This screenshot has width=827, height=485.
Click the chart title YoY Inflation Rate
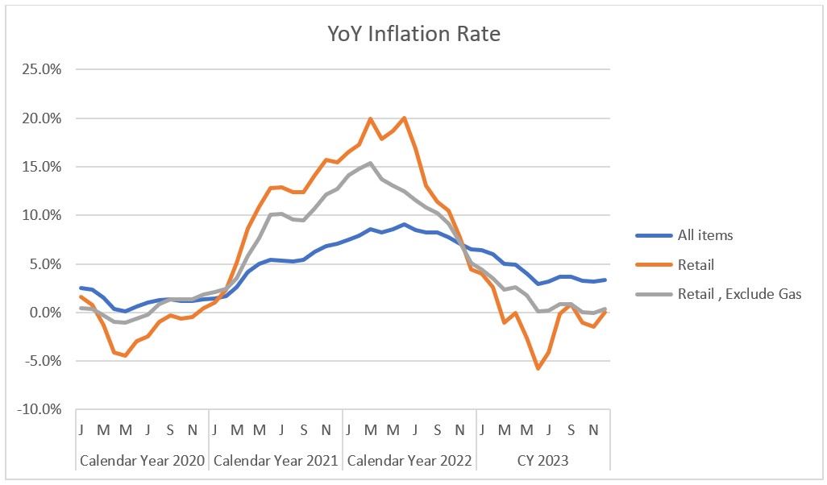pos(413,34)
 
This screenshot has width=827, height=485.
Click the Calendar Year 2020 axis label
pos(141,461)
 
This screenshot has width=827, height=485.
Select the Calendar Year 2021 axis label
pos(276,461)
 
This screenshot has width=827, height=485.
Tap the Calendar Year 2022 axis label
pos(409,461)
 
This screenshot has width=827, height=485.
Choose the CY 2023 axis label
pos(543,461)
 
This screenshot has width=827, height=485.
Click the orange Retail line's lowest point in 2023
pos(538,368)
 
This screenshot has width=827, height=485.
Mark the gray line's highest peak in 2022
pos(370,163)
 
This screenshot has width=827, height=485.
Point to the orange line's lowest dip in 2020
pos(125,355)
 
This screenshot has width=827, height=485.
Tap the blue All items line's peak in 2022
pos(403,224)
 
